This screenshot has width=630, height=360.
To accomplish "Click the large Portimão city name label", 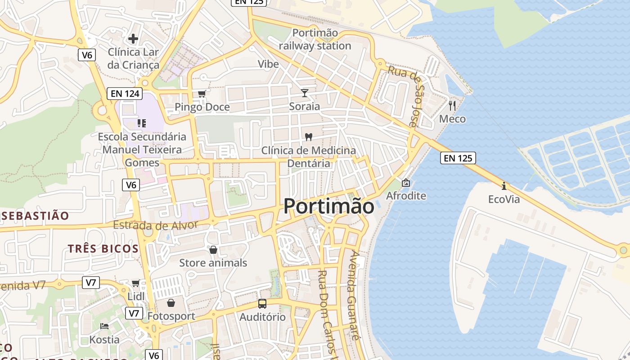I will (328, 207).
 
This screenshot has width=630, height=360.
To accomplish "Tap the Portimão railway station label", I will (315, 39).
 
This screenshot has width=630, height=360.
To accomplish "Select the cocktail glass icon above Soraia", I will (305, 93).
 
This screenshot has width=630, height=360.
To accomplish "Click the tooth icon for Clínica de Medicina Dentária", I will (308, 137).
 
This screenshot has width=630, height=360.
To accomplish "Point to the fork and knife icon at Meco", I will (452, 106).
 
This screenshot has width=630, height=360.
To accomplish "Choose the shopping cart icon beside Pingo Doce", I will (202, 94).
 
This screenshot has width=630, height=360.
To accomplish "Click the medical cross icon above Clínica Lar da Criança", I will (133, 39).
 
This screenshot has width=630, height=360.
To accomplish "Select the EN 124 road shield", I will (125, 94).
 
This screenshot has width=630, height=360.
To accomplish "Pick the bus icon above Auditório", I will (262, 304).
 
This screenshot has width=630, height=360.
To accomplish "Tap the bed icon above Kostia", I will (104, 326).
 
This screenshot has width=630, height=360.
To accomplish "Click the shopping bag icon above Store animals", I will (213, 249).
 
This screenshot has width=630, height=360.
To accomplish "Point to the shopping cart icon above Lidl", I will (136, 283).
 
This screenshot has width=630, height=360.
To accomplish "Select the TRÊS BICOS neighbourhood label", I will (103, 248).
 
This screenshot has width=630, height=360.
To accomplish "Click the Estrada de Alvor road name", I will (155, 225).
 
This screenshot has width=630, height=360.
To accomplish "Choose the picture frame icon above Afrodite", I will (406, 183).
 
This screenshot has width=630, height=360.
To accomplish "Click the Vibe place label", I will (268, 64).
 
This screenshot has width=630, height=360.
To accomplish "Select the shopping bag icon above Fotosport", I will (171, 303).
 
